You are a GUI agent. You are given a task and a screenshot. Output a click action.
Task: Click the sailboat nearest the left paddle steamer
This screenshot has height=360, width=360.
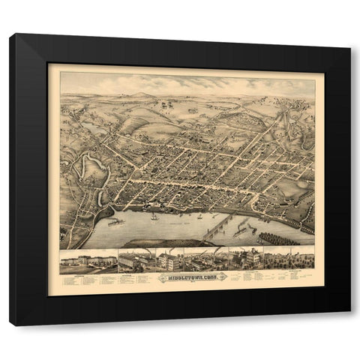pyautogui.click(x=153, y=217)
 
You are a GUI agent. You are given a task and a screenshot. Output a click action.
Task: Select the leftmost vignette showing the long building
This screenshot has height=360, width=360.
pyautogui.click(x=88, y=262)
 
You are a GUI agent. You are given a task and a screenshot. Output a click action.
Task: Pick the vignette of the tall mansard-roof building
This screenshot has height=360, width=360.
pyautogui.click(x=247, y=259)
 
